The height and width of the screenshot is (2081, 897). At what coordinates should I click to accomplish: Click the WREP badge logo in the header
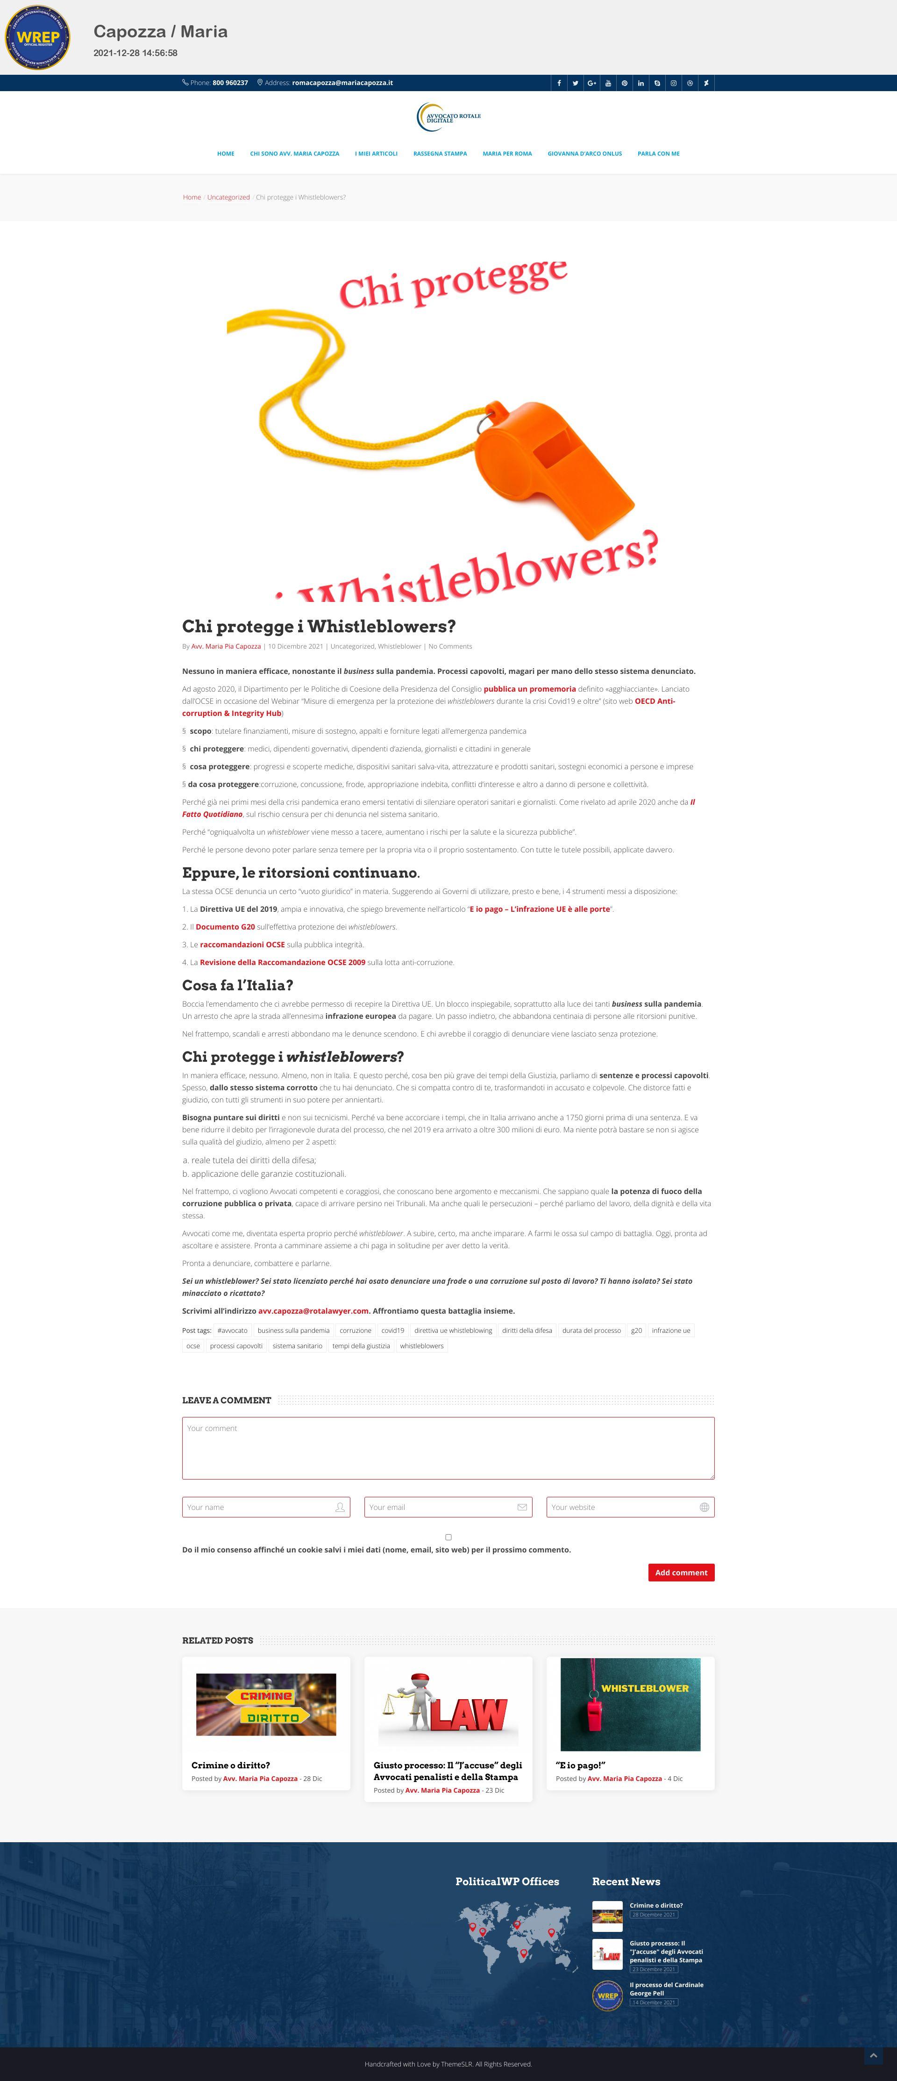tap(38, 37)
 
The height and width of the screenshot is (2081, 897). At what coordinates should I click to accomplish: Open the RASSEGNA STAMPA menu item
tap(440, 153)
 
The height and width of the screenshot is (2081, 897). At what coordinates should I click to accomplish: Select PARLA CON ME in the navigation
tap(658, 153)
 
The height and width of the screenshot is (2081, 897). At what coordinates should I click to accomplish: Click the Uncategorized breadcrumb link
tap(228, 197)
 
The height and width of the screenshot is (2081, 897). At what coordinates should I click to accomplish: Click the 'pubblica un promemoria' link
tap(530, 689)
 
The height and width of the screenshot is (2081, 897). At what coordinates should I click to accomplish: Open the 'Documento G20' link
tap(225, 927)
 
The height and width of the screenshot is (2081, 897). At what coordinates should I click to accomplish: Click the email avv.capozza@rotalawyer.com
tap(313, 1311)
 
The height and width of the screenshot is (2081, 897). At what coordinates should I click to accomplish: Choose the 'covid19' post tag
tap(392, 1330)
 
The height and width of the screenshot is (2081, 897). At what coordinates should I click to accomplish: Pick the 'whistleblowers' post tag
tap(421, 1346)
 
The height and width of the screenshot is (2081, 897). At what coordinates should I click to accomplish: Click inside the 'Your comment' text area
tap(448, 1448)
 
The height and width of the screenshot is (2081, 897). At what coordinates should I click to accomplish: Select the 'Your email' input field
tap(448, 1508)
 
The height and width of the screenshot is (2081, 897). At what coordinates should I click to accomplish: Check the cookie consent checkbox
tap(448, 1538)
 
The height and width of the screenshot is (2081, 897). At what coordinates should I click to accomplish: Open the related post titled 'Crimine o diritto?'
tap(231, 1765)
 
